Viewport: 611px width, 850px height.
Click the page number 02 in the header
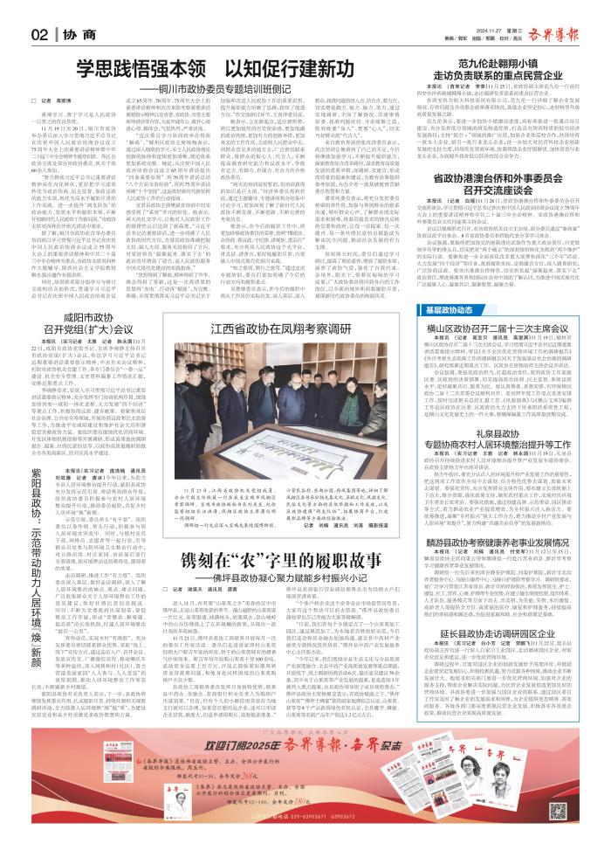click(36, 34)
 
